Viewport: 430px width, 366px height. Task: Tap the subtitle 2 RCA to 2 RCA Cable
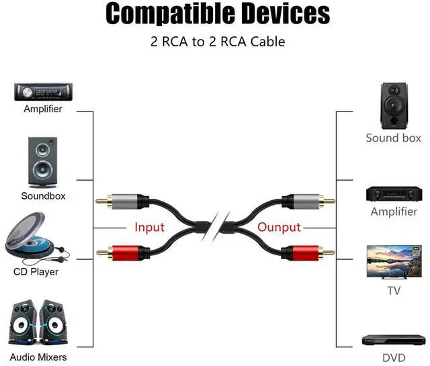click(217, 42)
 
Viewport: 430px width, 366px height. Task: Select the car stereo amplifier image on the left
click(42, 91)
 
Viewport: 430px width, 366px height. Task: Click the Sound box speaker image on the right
click(393, 105)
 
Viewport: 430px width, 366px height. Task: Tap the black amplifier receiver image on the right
click(393, 193)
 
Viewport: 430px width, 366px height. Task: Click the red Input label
click(149, 227)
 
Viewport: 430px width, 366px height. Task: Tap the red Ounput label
click(279, 227)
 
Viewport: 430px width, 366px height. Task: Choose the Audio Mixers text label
click(38, 357)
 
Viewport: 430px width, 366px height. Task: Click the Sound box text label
click(393, 138)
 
